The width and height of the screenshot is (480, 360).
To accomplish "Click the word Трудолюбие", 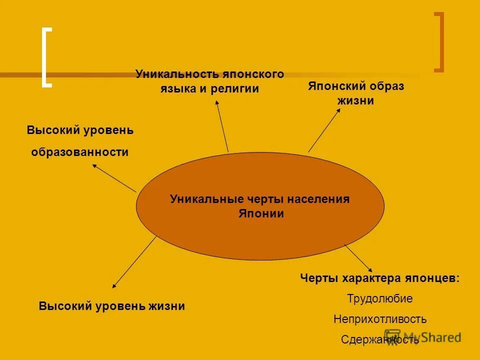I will point(380,299).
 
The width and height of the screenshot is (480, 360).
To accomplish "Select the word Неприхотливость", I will point(380,319).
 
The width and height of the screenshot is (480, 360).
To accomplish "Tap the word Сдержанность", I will point(380,340).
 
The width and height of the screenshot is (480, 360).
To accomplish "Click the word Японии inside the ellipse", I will point(260,214).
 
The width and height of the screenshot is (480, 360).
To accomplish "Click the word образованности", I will point(80,152).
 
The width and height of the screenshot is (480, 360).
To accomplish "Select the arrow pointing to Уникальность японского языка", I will point(222,125).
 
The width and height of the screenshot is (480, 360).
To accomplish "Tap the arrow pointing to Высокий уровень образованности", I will point(114,178).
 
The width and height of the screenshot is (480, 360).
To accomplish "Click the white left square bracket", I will point(46,58).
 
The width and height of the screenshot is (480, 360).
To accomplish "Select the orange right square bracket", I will point(439,42).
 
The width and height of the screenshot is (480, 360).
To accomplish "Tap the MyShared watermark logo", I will point(422,336).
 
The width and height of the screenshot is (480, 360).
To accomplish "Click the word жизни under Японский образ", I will point(355,101).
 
